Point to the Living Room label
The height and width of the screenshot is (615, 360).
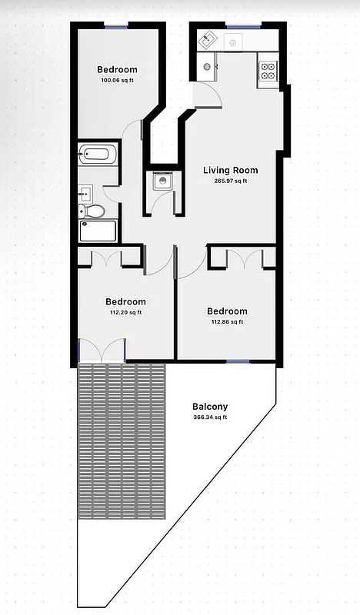click(230, 170)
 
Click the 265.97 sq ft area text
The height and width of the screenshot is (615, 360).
click(230, 181)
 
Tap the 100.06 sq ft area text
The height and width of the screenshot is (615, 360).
click(117, 80)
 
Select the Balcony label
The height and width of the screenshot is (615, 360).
click(210, 407)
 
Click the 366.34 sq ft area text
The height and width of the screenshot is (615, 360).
click(210, 417)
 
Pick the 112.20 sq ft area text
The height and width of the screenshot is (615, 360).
click(125, 313)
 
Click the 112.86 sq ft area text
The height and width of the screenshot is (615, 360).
click(227, 322)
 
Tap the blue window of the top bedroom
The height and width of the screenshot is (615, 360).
click(116, 28)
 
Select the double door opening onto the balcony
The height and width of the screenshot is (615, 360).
click(102, 352)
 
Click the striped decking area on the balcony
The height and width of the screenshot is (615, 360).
click(122, 440)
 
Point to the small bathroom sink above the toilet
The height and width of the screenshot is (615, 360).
click(85, 192)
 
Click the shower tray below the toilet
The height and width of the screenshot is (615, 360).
click(98, 230)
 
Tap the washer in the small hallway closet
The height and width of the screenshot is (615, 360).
click(162, 181)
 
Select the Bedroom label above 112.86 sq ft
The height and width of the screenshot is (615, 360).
click(227, 311)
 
